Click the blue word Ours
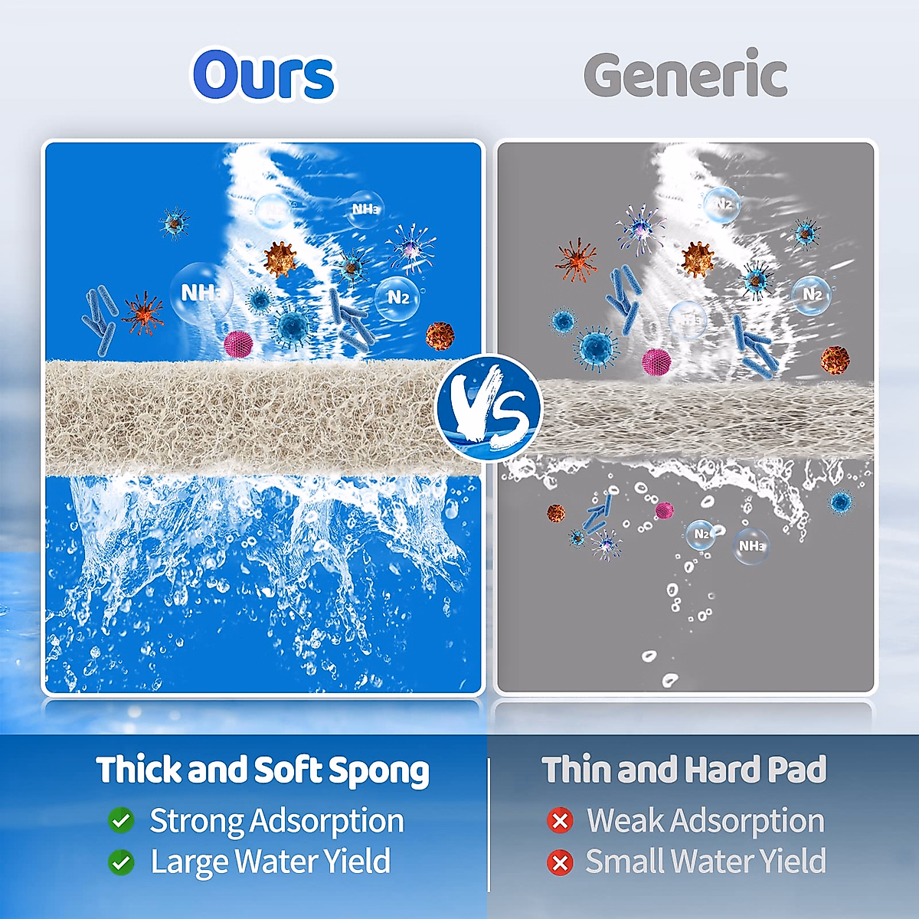264,74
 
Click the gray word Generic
685,74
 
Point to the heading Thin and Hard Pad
684,769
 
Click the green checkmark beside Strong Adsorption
121,820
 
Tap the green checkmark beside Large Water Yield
121,862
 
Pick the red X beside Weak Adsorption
560,820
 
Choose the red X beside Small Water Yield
560,862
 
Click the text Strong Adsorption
276,821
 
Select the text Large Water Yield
270,862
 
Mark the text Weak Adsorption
706,820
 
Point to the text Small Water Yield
706,862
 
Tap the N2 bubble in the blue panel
397,298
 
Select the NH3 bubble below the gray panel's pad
751,545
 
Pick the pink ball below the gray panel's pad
664,510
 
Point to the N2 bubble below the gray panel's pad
701,535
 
